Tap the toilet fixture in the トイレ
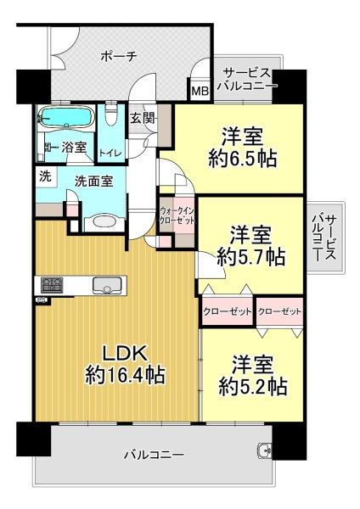pos(111,115)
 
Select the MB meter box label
pos(200,92)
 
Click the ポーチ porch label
pos(119,57)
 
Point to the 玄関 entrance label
pos(142,118)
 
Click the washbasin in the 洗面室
pos(104,222)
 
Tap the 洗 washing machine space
pos(46,177)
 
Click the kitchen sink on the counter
pos(106,286)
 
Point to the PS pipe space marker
pos(42,299)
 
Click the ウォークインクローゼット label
pos(177,215)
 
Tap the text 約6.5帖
pos(243,159)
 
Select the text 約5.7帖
pos(251,257)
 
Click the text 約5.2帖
pos(252,386)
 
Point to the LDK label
pos(125,354)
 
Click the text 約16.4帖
pos(125,375)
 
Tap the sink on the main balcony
pos(265,450)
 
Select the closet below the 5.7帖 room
pos(227,311)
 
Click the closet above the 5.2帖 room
pos(279,311)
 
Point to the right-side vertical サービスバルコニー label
pos(323,238)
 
